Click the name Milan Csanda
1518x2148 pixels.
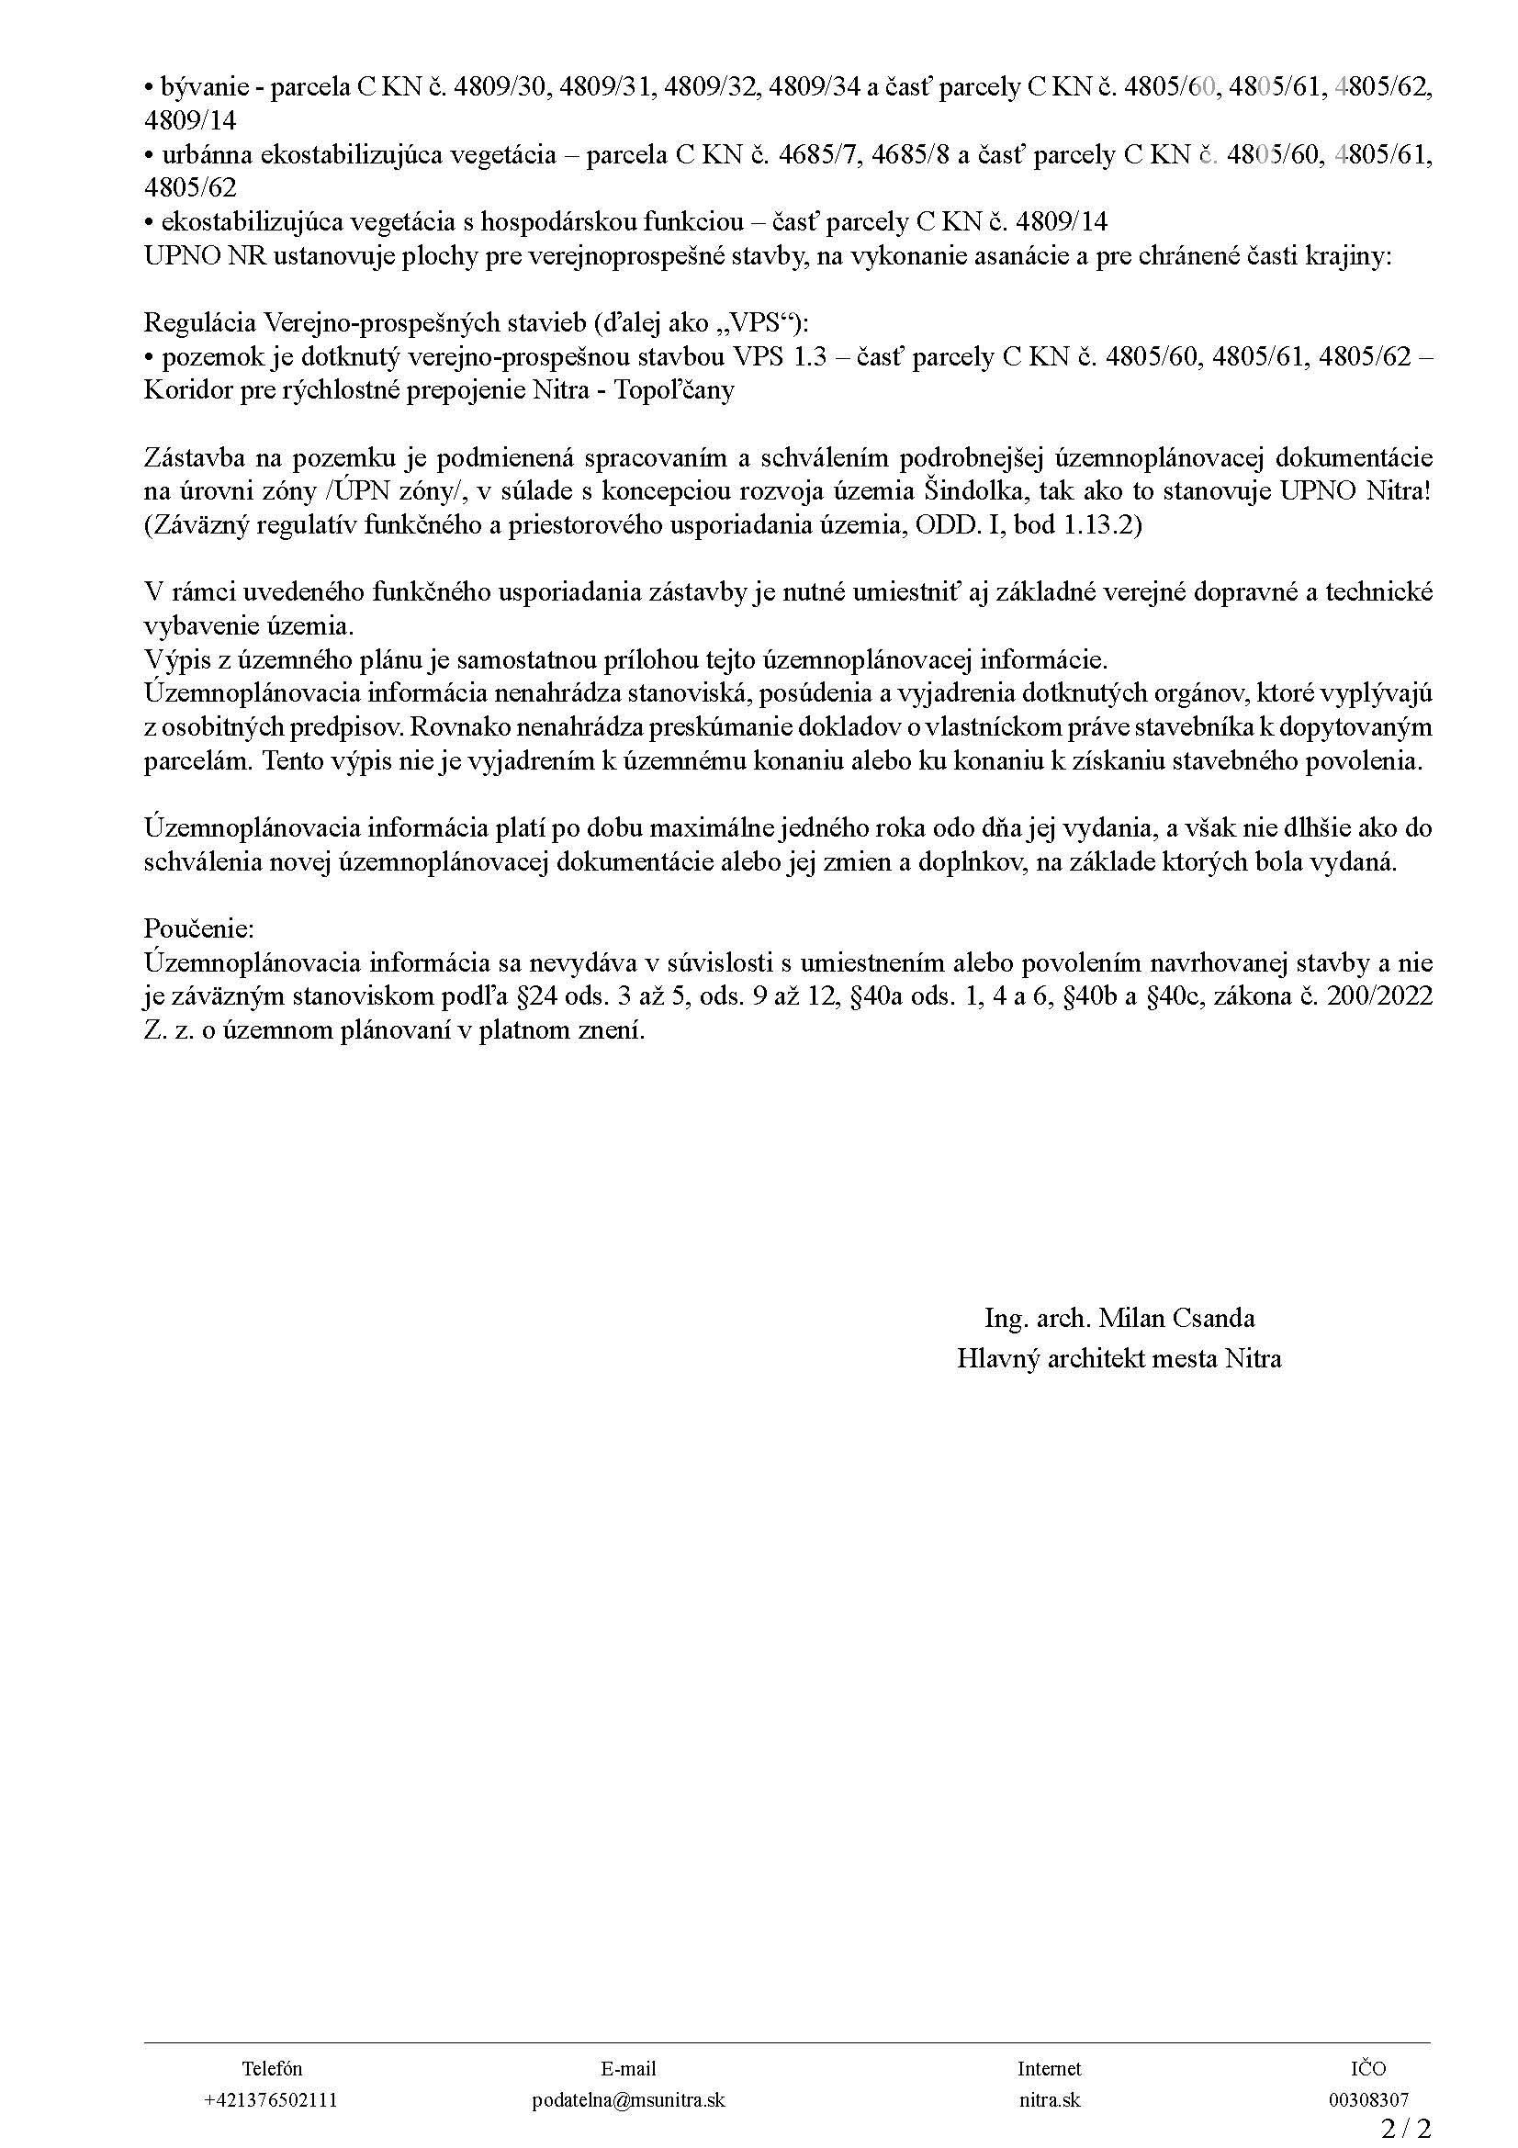point(1175,1318)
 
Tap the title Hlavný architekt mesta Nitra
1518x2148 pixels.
point(1119,1358)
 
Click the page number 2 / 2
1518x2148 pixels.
point(1406,2130)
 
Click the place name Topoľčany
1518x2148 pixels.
point(673,390)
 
